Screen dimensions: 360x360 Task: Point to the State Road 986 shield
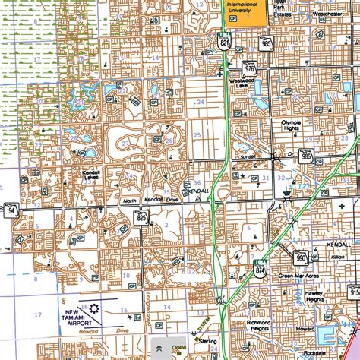click(x=305, y=157)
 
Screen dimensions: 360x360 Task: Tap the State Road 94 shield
click(x=13, y=209)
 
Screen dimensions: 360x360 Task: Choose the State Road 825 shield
click(x=141, y=216)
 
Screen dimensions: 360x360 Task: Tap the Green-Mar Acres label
click(x=297, y=276)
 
